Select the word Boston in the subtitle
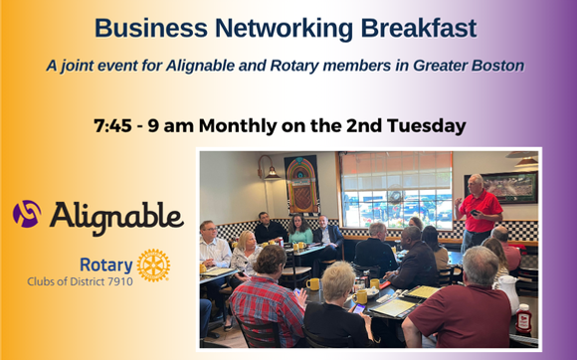point(495,67)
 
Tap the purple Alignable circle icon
point(28,213)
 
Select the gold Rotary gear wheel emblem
point(153,265)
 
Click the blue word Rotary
point(103,265)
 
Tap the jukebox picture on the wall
point(301,184)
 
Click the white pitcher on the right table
point(506,291)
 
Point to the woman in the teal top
point(300,230)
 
